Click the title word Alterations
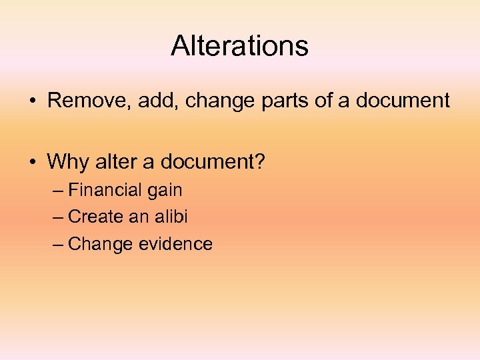tap(239, 46)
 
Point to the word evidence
tap(176, 244)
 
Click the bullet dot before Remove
tap(32, 101)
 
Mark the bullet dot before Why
tap(32, 161)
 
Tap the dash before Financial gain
tap(58, 191)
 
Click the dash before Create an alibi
tap(58, 217)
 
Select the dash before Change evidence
tap(58, 245)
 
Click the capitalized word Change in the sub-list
tap(101, 245)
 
